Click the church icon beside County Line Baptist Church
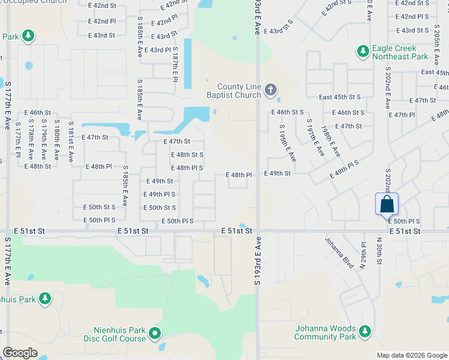[270, 91]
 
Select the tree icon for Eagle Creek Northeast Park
[363, 52]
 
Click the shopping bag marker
[387, 204]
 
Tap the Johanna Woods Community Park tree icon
[364, 331]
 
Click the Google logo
[20, 353]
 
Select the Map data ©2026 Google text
[412, 355]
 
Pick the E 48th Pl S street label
[187, 168]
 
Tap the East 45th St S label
[340, 97]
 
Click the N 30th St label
[379, 250]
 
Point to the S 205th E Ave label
[436, 47]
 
